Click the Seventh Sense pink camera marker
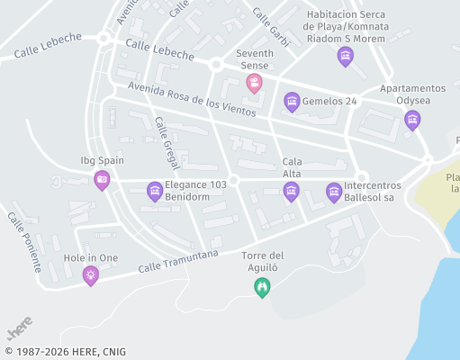255,83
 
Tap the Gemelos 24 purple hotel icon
292,102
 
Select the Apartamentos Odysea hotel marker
412,119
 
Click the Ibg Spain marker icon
102,180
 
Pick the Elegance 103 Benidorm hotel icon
155,191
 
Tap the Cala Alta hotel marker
291,190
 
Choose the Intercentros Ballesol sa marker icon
334,191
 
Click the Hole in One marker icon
90,275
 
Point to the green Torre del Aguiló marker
262,287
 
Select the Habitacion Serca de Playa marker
345,57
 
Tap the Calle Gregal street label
167,143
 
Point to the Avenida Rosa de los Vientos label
192,99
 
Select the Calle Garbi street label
270,28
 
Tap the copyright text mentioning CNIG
65,352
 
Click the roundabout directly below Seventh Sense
216,65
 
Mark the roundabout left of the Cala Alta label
233,181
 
